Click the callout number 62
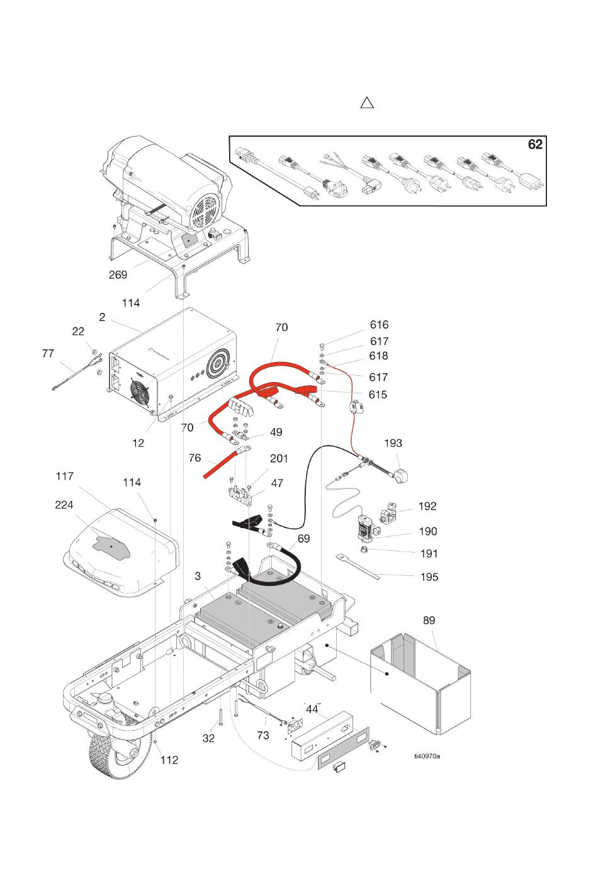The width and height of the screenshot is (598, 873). point(534,145)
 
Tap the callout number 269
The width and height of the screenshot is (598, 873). point(118,275)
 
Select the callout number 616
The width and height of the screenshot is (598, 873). point(379,325)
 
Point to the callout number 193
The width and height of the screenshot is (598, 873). point(392,443)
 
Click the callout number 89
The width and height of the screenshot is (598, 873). point(429,621)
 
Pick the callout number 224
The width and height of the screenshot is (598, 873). point(64,505)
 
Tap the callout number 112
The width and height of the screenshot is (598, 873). point(169,760)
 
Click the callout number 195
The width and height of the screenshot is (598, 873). point(429,577)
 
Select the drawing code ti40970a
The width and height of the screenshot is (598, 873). point(427,756)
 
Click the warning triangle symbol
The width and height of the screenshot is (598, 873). point(367,103)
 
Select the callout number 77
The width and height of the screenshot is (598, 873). point(48,354)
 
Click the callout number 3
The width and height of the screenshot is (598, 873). point(198,576)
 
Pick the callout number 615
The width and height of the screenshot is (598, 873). point(378,395)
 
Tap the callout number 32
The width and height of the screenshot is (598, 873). point(209,738)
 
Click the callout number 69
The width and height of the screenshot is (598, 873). point(304,539)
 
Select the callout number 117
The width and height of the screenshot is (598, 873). point(64,476)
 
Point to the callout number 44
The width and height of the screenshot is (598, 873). point(312,709)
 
